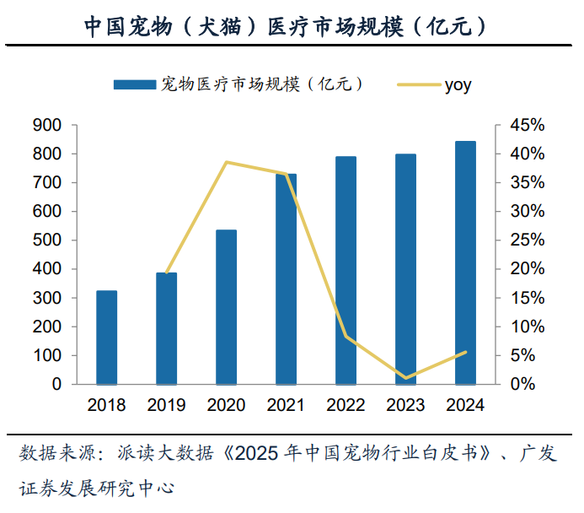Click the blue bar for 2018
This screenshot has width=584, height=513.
tap(106, 337)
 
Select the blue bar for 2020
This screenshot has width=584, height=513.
tap(227, 307)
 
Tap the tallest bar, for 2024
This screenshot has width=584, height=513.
tap(465, 262)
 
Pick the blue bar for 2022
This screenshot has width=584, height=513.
tap(346, 270)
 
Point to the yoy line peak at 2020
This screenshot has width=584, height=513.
tap(227, 162)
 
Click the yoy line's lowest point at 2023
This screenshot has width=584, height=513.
tap(405, 378)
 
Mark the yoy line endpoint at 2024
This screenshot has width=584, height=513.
tap(465, 352)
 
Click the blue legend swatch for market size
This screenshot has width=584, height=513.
tap(135, 84)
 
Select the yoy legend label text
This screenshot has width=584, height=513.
tap(458, 85)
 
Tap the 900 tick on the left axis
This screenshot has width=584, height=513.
tap(47, 125)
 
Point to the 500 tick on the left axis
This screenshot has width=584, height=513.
tap(47, 240)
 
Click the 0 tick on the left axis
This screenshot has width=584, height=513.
tap(56, 384)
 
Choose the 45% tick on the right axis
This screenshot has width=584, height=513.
tap(528, 125)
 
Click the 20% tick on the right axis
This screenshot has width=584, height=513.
tap(528, 269)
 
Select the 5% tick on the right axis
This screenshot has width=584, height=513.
tap(523, 355)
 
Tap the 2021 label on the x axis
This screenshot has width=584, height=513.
tap(286, 405)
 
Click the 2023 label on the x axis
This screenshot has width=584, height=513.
tap(405, 405)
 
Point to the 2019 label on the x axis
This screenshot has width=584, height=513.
tap(166, 405)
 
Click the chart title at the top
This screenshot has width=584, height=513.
tap(286, 26)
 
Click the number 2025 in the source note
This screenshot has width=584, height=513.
tap(257, 454)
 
